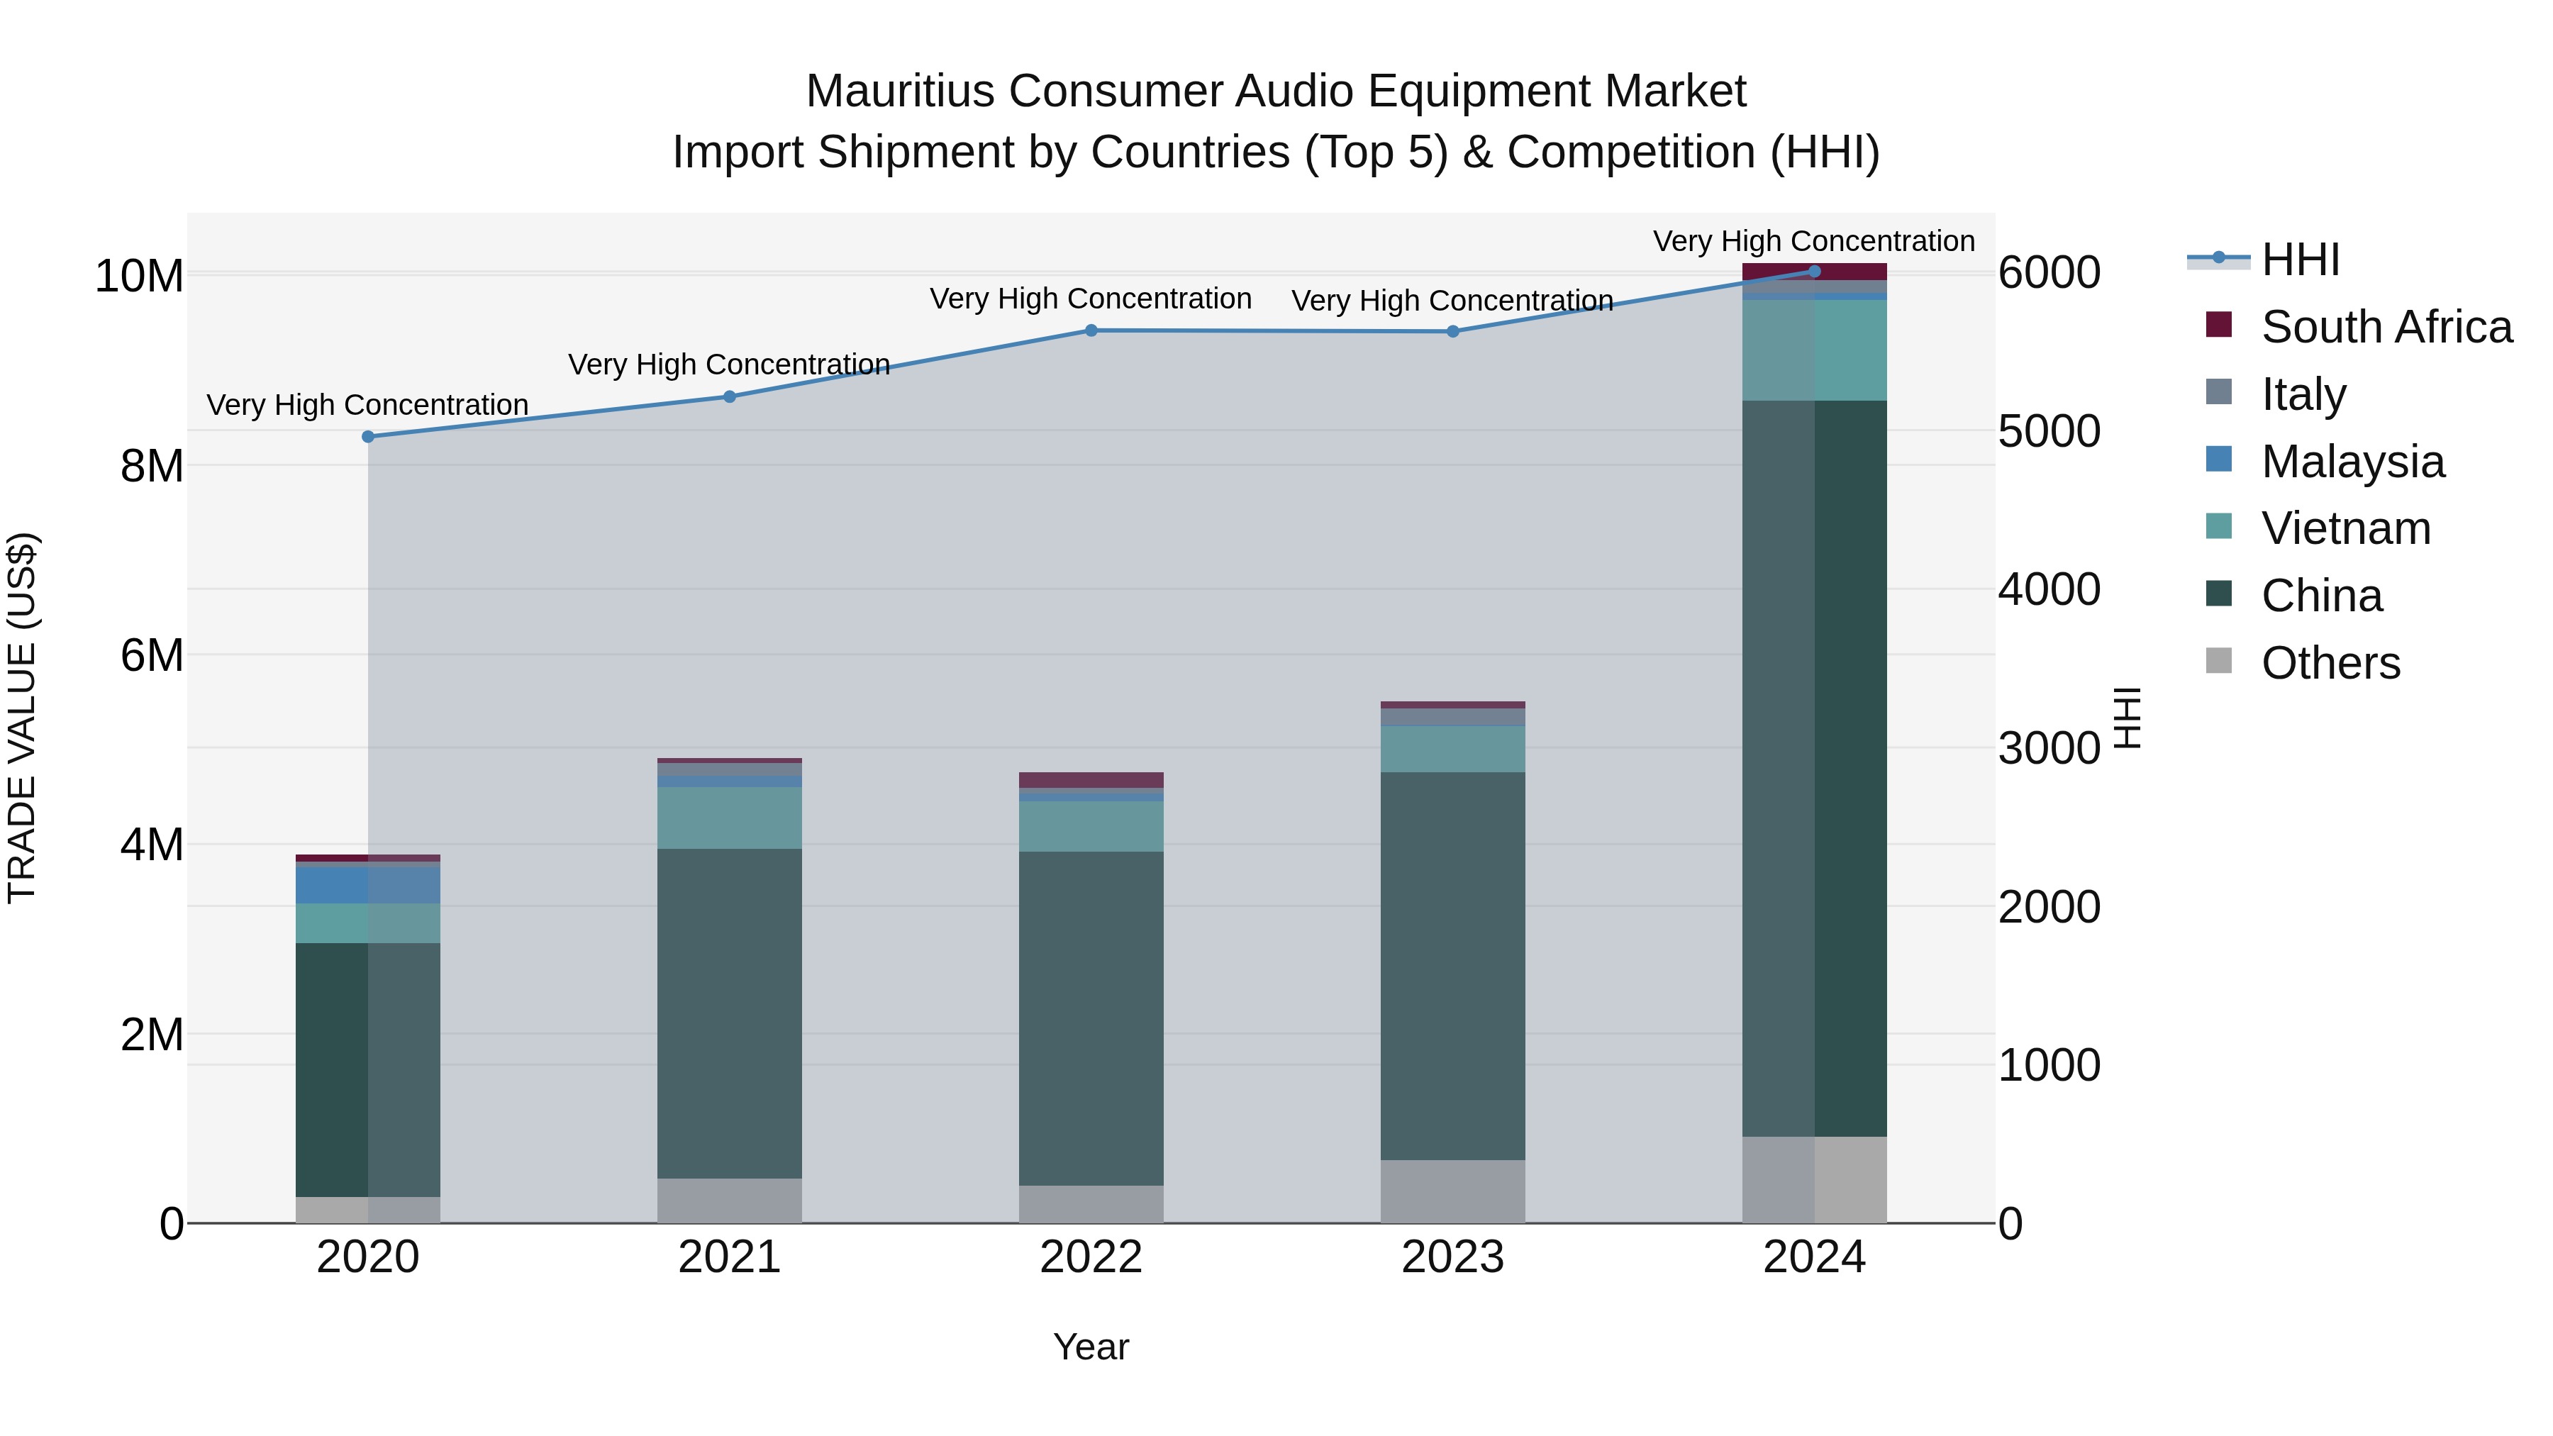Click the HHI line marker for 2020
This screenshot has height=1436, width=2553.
tap(367, 436)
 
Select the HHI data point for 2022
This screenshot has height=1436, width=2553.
tap(1091, 330)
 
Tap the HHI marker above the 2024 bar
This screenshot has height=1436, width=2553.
tap(1815, 271)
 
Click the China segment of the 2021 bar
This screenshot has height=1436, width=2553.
tap(730, 1011)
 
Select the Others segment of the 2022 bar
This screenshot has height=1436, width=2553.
tap(1091, 1203)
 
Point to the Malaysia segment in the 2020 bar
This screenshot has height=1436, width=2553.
tap(367, 885)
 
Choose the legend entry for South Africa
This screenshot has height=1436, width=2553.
tap(2386, 327)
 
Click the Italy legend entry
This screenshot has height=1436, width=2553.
tap(2303, 394)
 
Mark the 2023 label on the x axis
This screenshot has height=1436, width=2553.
tap(1453, 1257)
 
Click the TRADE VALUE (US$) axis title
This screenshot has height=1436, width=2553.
tap(22, 718)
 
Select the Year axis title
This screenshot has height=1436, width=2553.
tap(1091, 1347)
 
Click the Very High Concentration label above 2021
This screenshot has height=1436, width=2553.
tap(730, 364)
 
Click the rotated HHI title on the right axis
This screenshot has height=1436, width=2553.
tap(2127, 718)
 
